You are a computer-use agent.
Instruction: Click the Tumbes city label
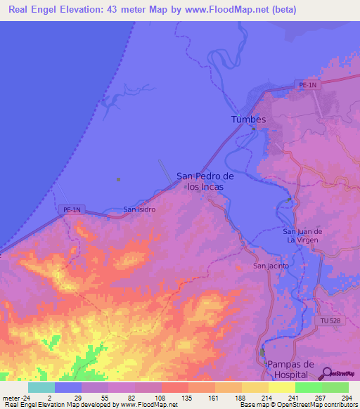[249, 119]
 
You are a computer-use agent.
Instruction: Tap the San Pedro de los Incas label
[205, 181]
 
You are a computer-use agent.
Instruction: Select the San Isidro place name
[139, 209]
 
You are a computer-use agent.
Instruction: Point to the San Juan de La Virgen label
[302, 235]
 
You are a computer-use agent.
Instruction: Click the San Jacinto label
[270, 266]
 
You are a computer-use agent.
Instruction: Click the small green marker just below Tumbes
[253, 129]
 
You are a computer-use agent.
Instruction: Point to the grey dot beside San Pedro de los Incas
[186, 188]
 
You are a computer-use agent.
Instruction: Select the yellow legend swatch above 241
[282, 387]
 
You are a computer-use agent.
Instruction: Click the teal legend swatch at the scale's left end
[41, 387]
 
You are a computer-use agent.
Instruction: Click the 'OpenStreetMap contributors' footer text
[307, 405]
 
